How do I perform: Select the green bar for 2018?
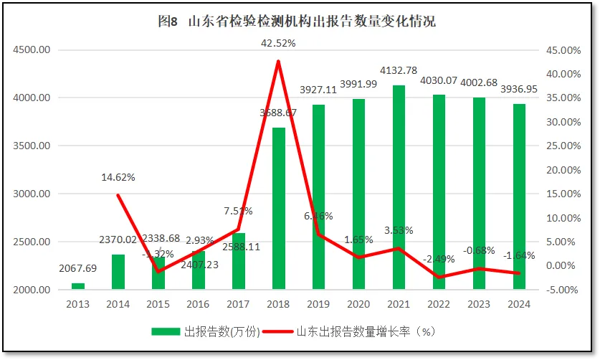click(x=278, y=208)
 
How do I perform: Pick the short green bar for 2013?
click(x=77, y=286)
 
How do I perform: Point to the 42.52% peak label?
click(x=278, y=43)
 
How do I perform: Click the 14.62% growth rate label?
click(x=118, y=177)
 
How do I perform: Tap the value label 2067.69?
click(x=77, y=268)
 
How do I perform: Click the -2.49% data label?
click(x=439, y=258)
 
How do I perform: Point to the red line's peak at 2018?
click(x=278, y=61)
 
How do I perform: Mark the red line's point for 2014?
click(x=118, y=195)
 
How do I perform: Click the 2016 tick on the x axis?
click(x=198, y=303)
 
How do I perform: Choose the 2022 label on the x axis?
click(x=439, y=303)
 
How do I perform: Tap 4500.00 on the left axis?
click(x=30, y=50)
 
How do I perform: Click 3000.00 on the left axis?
click(x=30, y=194)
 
